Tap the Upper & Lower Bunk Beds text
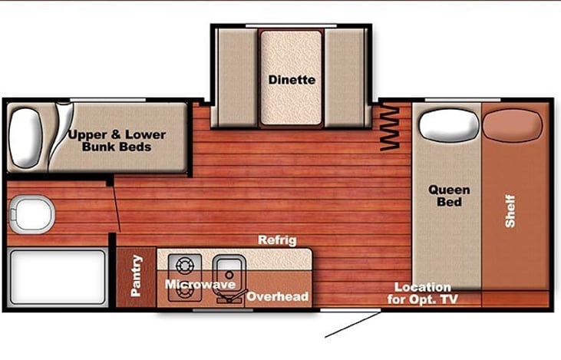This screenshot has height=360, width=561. tap(117, 140)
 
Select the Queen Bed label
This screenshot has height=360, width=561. tap(449, 196)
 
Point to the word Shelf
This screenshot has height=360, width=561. tap(510, 210)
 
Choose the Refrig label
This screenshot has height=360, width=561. tap(277, 240)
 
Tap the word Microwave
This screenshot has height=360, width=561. tap(200, 285)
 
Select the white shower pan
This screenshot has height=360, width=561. tap(58, 277)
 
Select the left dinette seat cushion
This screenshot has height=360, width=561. tap(235, 77)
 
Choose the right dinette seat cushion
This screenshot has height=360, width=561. tap(346, 77)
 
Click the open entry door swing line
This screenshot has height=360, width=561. tap(353, 325)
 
